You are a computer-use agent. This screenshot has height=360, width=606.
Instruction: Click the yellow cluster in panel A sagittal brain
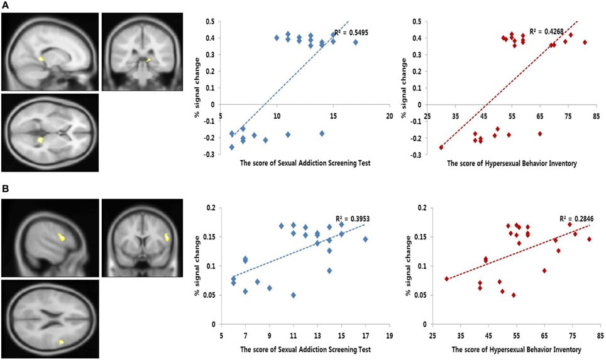pos(41,59)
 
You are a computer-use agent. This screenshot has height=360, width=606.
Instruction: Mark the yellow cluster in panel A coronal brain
pos(148,60)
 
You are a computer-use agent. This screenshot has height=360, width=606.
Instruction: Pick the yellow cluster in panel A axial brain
pos(41,139)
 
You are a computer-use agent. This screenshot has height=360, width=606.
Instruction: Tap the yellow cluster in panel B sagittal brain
pos(61,237)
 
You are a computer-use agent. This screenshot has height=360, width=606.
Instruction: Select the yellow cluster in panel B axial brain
pos(61,342)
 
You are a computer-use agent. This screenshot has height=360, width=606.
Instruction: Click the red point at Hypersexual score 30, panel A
pos(441,147)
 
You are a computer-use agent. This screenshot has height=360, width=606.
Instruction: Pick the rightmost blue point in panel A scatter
pos(356,42)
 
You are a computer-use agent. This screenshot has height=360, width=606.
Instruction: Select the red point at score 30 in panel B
pos(447,278)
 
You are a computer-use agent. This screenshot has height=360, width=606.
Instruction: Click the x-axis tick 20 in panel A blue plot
pos(389,116)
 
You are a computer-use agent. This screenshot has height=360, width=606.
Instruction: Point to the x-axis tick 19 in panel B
pos(389,335)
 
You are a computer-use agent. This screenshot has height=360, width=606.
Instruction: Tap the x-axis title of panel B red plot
pos(514,349)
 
